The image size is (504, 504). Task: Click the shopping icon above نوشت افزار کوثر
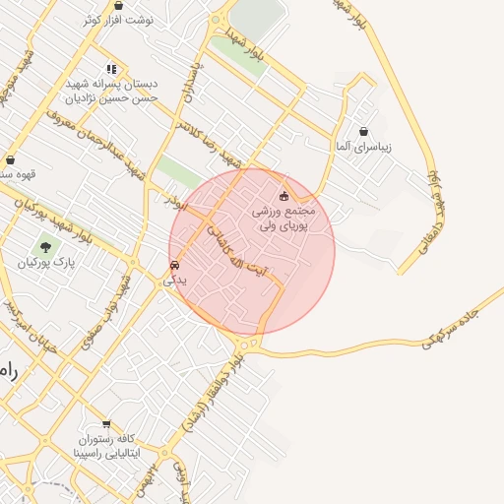[118, 6]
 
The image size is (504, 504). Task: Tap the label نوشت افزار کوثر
[119, 20]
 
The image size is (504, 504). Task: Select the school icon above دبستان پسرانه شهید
[111, 69]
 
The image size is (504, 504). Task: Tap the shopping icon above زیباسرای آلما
[364, 131]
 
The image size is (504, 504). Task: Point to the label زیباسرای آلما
[364, 147]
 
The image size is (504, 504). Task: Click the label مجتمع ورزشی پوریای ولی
[284, 219]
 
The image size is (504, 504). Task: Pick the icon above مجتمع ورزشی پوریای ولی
[285, 196]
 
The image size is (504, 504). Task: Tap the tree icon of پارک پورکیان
[45, 247]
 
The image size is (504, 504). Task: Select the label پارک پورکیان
[45, 264]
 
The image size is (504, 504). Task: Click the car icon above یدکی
[174, 265]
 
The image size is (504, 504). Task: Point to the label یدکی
[173, 280]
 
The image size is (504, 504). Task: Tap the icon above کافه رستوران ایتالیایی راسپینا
[106, 424]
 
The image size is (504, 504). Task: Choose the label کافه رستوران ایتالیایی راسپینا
[107, 447]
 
